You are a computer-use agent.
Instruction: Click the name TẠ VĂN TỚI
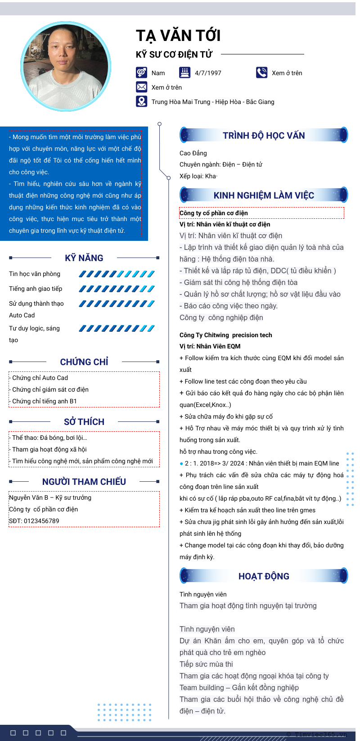click(x=178, y=36)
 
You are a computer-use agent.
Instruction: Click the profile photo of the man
click(x=66, y=67)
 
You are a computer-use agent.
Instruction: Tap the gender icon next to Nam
click(x=141, y=72)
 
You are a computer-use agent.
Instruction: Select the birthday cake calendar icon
click(x=184, y=72)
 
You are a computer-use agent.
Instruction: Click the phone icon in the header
click(x=261, y=72)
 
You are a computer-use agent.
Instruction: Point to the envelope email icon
click(x=141, y=87)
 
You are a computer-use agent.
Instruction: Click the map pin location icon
click(x=141, y=101)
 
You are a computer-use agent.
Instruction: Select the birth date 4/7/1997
click(x=208, y=73)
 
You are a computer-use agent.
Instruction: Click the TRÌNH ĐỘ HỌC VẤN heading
click(x=264, y=136)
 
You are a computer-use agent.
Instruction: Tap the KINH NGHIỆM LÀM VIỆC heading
click(x=264, y=195)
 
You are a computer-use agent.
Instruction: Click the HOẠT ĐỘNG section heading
click(x=264, y=576)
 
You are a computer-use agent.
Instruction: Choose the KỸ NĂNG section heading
click(x=84, y=258)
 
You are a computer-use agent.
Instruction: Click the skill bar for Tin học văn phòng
click(x=117, y=274)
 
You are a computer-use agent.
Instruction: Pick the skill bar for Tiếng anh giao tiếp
click(x=117, y=289)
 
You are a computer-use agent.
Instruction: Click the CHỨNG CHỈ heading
click(x=84, y=362)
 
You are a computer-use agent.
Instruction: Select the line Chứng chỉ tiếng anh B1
click(x=45, y=401)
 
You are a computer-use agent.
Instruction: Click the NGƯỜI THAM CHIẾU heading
click(x=84, y=482)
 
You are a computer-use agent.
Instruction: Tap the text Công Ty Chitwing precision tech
click(x=225, y=335)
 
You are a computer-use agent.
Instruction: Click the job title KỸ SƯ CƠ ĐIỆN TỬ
click(x=174, y=54)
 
